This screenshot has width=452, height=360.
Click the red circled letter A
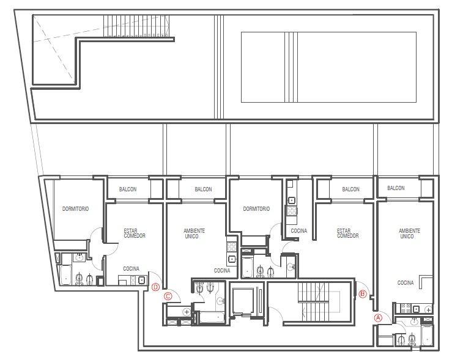tap(378, 318)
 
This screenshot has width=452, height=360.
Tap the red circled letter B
tap(363, 294)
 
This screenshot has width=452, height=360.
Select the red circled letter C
tap(168, 296)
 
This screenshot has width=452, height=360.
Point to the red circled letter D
tap(156, 287)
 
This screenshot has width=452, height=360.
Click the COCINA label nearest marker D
tap(131, 269)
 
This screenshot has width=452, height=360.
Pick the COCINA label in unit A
tap(406, 283)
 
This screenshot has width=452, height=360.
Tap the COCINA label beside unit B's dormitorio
tap(299, 230)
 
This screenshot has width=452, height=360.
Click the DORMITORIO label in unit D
tap(75, 209)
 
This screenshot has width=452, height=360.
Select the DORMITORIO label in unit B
tap(256, 209)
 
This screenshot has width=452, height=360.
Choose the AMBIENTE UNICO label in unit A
tap(409, 233)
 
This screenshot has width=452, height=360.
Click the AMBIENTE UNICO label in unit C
tap(194, 233)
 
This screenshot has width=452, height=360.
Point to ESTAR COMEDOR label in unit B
tap(348, 233)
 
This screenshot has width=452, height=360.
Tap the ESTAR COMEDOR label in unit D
tap(135, 233)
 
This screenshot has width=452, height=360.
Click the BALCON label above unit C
tap(203, 189)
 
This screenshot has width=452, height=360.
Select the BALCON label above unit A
tap(396, 188)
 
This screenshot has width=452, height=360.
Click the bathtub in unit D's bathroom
tap(65, 275)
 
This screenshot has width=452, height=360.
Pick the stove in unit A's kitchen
tap(406, 309)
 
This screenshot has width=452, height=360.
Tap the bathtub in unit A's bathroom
tap(426, 335)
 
